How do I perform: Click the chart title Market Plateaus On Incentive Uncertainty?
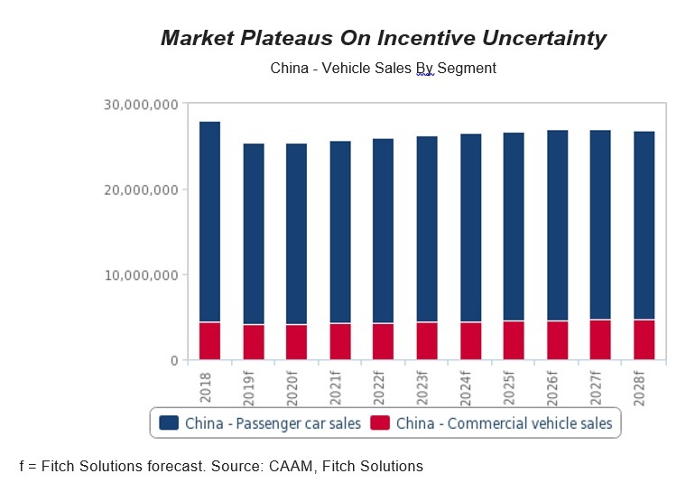[x=383, y=38]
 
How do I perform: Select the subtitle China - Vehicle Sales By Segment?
[x=383, y=68]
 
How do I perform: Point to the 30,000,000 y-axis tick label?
[x=140, y=105]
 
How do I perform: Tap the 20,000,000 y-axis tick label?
[x=140, y=190]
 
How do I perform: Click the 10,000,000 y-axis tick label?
[x=140, y=274]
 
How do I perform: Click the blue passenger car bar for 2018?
[x=209, y=221]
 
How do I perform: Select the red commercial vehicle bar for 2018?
[x=209, y=341]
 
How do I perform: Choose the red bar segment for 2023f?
[x=427, y=341]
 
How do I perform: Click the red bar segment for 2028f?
[x=644, y=340]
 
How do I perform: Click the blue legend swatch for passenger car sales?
[x=168, y=423]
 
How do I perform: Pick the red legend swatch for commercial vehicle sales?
[x=380, y=423]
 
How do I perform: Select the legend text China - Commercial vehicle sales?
[x=503, y=423]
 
